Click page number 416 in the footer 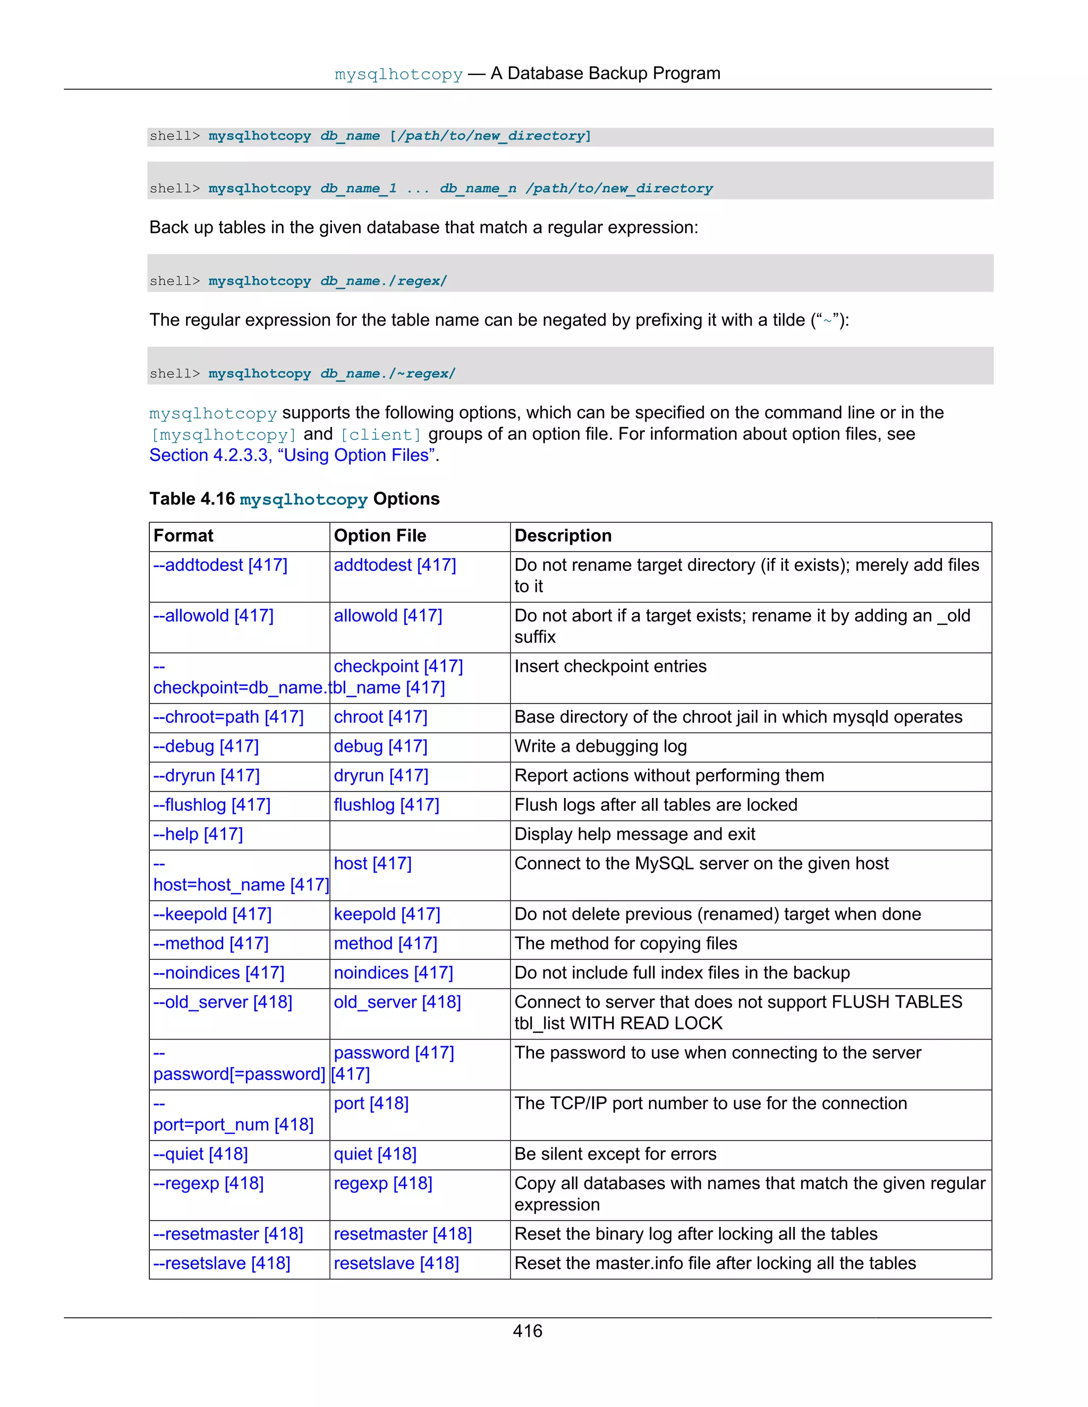point(527,1331)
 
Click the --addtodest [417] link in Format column point(220,565)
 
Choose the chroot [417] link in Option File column point(380,717)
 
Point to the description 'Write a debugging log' point(600,746)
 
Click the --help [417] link point(198,834)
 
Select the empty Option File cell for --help point(419,835)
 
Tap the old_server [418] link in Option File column point(397,1002)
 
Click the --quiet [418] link point(200,1154)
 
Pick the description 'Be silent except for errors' point(615,1154)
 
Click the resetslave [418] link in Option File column point(396,1263)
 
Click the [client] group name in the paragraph point(380,435)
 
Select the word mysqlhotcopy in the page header point(398,74)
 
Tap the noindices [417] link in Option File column point(393,973)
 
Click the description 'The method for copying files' point(625,944)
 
